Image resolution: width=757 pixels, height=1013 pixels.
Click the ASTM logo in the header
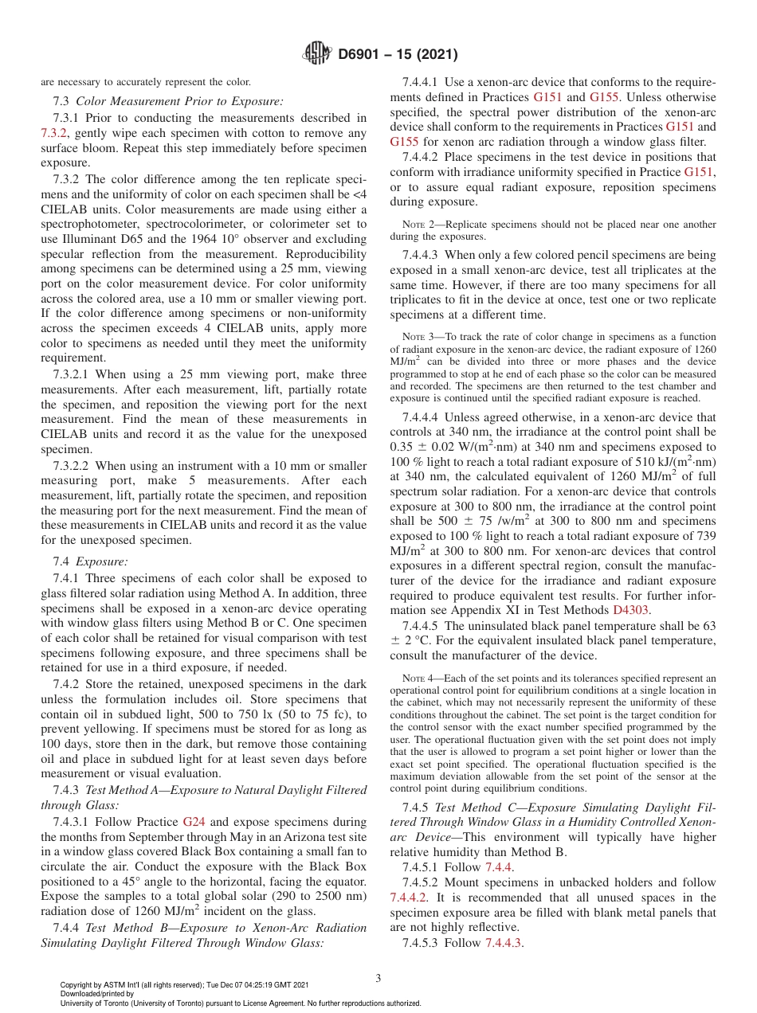pos(318,54)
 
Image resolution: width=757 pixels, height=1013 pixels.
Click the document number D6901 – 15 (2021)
pos(397,55)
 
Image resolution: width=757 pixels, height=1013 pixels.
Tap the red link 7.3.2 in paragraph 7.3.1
pos(54,132)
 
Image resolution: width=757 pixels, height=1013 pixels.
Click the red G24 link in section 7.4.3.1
pos(194,821)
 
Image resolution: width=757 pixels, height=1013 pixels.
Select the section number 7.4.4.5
pos(422,625)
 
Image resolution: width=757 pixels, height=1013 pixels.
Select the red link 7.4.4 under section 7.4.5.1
pos(500,867)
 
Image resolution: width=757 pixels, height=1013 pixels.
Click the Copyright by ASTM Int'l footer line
pos(183,985)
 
